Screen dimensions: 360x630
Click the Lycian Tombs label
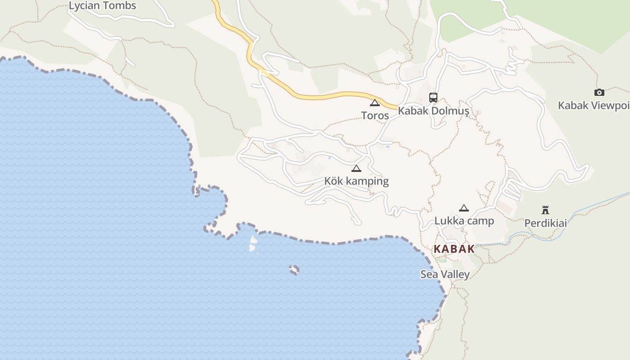pos(102,6)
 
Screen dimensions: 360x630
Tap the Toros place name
pos(375,116)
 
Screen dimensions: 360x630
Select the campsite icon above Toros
pos(375,103)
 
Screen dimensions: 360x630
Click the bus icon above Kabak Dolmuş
pos(433,97)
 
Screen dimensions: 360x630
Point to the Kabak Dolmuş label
pos(434,111)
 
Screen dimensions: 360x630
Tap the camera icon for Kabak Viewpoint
pos(599,92)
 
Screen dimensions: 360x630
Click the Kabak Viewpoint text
pos(594,105)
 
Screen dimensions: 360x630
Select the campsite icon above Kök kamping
pos(356,169)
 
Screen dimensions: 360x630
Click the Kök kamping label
pos(356,181)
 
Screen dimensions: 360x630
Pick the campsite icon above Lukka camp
pos(464,208)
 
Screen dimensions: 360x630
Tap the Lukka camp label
pos(464,221)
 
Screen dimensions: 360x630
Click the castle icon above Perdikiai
pos(545,210)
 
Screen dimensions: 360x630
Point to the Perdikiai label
pos(545,223)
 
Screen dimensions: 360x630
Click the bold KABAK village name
pos(454,249)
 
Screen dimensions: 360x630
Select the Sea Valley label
pos(445,274)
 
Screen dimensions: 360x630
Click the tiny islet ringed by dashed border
pos(294,270)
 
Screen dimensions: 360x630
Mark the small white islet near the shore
pos(253,243)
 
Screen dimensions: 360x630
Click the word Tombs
pos(119,6)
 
